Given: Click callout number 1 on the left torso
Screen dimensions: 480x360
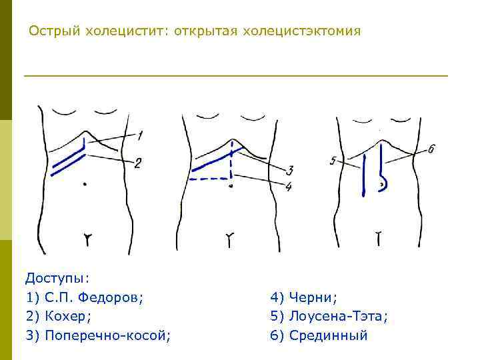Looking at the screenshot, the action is click(140, 136).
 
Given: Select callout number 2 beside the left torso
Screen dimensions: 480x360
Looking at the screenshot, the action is click(137, 163).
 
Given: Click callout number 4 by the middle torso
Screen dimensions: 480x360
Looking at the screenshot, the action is click(288, 187).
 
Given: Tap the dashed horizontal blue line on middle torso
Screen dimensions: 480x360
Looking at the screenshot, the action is click(209, 179).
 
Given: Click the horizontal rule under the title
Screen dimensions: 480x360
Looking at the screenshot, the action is click(236, 76).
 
